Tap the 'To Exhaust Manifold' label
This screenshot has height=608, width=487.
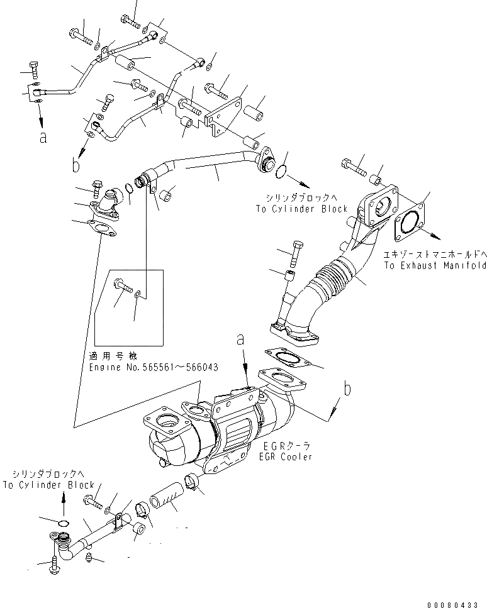(x=434, y=266)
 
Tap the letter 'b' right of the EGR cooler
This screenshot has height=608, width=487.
(x=347, y=389)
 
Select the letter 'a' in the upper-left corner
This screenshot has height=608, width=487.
(x=43, y=138)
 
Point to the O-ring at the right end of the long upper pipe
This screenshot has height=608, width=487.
(x=283, y=172)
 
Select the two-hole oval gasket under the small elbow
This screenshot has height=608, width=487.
(x=103, y=229)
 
